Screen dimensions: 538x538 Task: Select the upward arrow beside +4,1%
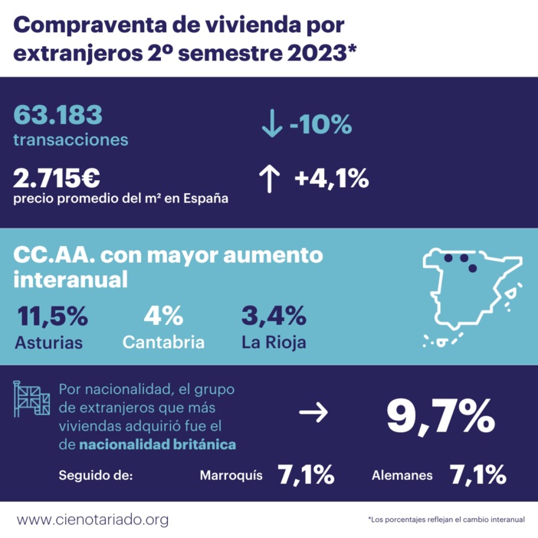coord(268,179)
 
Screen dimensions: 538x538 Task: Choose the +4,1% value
coord(332,179)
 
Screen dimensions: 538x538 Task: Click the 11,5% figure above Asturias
coord(51,315)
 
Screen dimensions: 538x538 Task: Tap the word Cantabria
coord(163,342)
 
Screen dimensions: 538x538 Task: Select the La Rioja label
coord(274,342)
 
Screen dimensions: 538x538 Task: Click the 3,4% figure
coord(274,315)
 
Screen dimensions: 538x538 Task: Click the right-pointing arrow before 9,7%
coord(313,414)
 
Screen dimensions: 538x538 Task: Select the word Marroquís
coord(231,476)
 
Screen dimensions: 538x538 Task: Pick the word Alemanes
coord(402,476)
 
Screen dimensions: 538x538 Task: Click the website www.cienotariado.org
coord(92,520)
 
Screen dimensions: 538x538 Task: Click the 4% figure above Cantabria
coord(162,315)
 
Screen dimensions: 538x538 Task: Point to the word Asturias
coord(48,342)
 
